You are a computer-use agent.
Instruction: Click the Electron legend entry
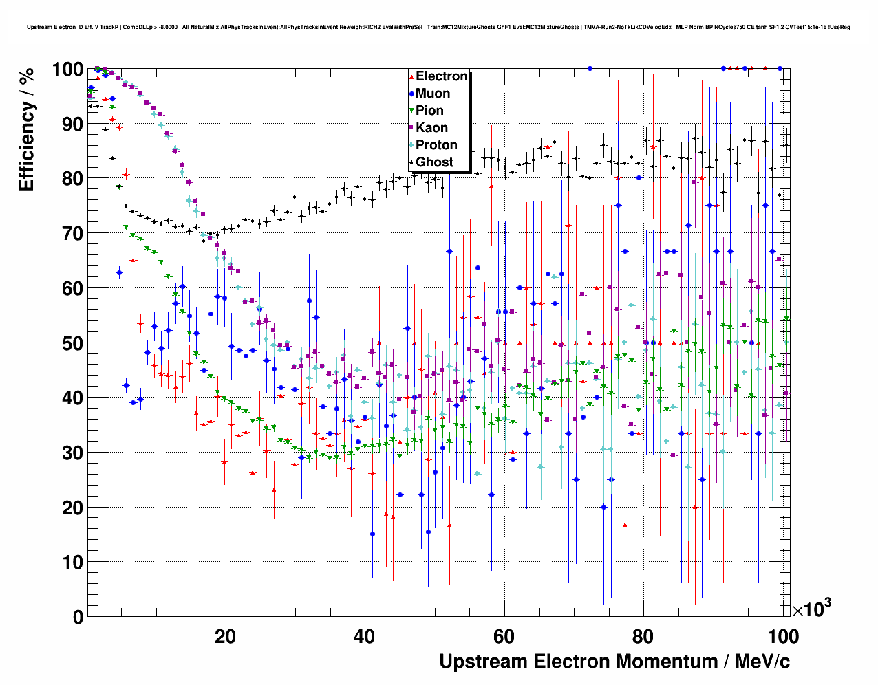(x=441, y=76)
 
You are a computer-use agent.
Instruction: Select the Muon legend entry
(x=432, y=94)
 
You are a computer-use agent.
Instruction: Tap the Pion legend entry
(x=429, y=111)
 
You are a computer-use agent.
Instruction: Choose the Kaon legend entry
(x=431, y=128)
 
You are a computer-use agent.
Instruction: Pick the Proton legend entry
(x=436, y=145)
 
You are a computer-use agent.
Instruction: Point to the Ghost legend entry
(x=434, y=162)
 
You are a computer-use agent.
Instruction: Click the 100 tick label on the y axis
(x=67, y=69)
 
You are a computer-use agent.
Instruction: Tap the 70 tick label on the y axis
(x=72, y=234)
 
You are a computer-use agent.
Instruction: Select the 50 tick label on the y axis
(x=72, y=343)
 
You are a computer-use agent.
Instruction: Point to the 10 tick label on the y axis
(x=72, y=563)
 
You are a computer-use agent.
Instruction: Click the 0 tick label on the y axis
(x=78, y=617)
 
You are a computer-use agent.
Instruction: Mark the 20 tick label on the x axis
(x=225, y=636)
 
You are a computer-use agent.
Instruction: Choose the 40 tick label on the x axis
(x=365, y=636)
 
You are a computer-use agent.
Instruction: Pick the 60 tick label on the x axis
(x=504, y=636)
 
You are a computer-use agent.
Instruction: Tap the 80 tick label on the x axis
(x=643, y=636)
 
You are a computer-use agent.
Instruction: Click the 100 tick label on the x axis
(x=782, y=636)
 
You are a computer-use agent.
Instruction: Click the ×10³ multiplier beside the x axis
(x=811, y=609)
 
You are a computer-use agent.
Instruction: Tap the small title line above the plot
(x=438, y=28)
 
